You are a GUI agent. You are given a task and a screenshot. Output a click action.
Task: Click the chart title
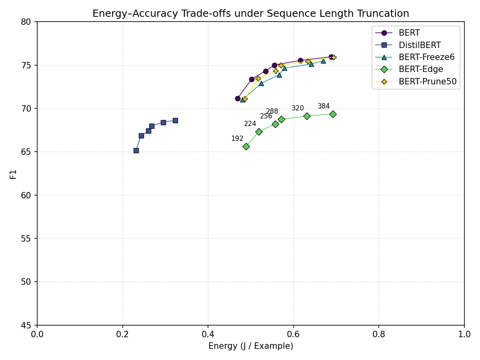(251, 14)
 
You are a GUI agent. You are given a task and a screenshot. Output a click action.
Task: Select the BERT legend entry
(409, 33)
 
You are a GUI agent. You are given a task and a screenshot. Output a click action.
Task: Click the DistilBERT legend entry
(420, 45)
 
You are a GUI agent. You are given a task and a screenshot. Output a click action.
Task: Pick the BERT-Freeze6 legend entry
(426, 57)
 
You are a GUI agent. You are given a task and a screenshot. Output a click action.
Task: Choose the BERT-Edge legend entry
(421, 70)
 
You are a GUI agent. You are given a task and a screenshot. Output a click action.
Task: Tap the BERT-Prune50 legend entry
(428, 82)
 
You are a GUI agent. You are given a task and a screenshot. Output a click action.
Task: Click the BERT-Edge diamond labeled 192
(246, 146)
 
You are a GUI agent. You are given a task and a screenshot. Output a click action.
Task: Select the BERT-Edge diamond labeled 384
(333, 114)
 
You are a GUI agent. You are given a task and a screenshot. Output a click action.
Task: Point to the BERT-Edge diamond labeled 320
(307, 116)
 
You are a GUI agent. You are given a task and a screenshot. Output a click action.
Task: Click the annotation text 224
(250, 124)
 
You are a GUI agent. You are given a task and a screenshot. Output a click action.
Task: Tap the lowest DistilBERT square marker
(136, 150)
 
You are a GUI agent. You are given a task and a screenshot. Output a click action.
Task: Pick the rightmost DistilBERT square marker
(175, 120)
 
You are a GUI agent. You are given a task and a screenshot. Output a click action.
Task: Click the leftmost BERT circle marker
(238, 98)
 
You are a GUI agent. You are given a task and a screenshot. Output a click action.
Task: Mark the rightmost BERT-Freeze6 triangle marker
(323, 61)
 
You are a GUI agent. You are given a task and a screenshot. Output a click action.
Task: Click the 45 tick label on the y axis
(26, 325)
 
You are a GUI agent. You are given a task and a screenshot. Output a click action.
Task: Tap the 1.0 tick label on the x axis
(464, 334)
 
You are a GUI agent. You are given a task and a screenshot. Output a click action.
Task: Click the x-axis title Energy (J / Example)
(251, 346)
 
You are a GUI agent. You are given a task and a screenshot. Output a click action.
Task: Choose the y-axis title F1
(13, 174)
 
